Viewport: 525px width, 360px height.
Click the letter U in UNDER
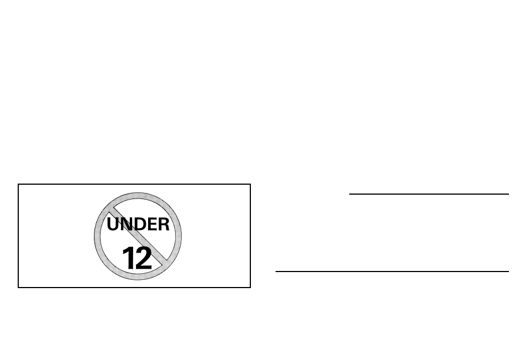[x=113, y=225]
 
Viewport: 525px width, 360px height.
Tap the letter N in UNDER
[x=126, y=225]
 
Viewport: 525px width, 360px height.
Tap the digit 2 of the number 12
[x=144, y=258]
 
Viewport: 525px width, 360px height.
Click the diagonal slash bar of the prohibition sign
[x=138, y=236]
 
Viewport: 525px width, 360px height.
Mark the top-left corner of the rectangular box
[x=18, y=184]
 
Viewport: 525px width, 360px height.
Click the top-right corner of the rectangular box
[x=250, y=184]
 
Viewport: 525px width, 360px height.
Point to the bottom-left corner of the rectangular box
[x=18, y=287]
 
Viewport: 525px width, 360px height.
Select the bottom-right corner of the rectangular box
[x=250, y=287]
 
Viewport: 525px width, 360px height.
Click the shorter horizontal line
[x=429, y=194]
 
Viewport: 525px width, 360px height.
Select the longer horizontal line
[x=392, y=271]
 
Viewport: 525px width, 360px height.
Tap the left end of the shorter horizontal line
[x=350, y=194]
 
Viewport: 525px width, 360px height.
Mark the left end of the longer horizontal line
[x=276, y=271]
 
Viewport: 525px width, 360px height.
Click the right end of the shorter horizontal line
[x=508, y=194]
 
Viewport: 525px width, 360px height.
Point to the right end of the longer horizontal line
[x=508, y=271]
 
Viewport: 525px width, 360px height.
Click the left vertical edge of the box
[x=18, y=236]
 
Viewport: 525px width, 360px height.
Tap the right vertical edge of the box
[x=250, y=236]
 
